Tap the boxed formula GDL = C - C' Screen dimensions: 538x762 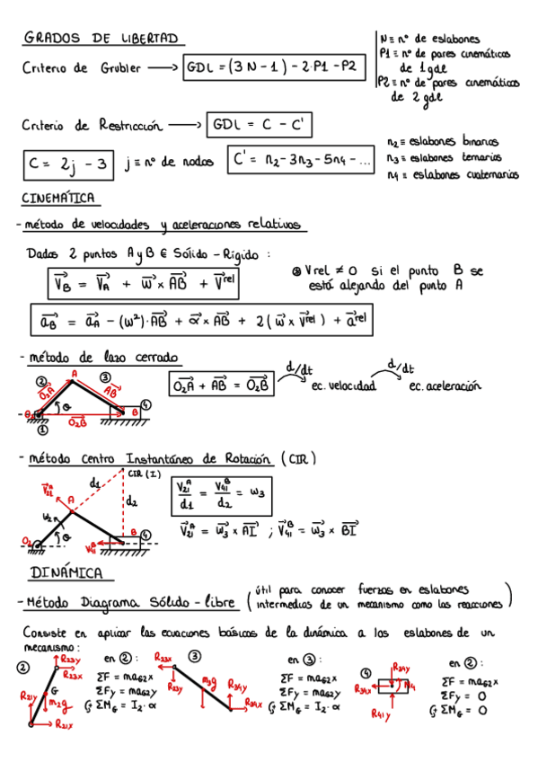259,124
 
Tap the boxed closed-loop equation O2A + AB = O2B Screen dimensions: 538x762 221,384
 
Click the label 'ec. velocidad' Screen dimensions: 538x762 342,387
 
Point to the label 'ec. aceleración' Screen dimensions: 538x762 445,386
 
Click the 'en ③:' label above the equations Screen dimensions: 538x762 304,660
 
